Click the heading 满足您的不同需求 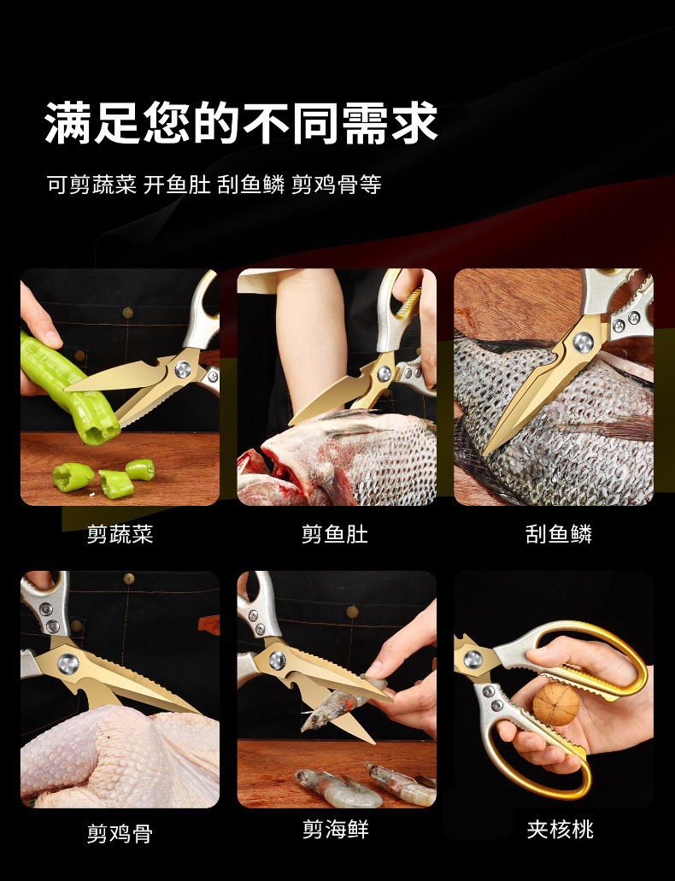coord(241,122)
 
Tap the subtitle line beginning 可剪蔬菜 coord(214,185)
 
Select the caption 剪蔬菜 coord(120,534)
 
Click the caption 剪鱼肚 coord(335,534)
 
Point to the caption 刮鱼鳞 coord(559,534)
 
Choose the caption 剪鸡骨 coord(120,832)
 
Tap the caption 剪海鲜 coord(336,829)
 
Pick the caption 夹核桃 coord(560,830)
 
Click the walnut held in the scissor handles coord(556,704)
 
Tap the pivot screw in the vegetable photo coord(183,369)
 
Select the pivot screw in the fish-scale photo coord(583,341)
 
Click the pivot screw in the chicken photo coord(68,664)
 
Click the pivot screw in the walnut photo coord(472,660)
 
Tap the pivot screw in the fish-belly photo coord(384,373)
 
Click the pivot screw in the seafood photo coord(277,661)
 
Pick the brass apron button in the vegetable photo coord(128,313)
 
